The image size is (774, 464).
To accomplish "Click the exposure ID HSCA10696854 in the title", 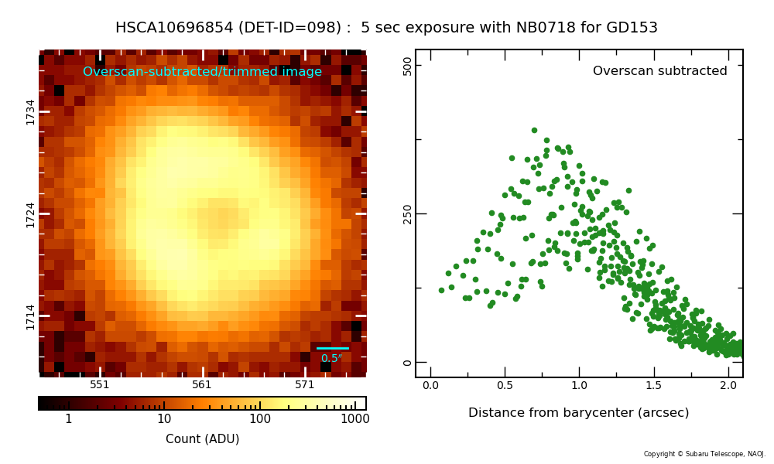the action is pos(174,27).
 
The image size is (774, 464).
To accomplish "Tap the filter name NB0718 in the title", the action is pos(546,27).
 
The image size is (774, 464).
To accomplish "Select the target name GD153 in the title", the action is pos(633,27).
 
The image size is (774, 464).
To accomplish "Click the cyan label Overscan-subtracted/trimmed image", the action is pos(202,71).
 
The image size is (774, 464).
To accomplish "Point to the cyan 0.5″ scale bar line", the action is pos(333,348).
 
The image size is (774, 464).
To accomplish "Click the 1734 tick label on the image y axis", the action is pos(31,112).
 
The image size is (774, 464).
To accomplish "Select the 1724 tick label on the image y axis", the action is pos(31,215).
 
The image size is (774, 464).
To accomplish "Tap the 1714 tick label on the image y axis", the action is pos(31,317).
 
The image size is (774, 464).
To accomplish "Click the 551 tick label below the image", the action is pos(99,384).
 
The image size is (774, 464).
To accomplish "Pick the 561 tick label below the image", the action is pos(201,384).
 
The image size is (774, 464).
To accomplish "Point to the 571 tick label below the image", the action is pos(304,384).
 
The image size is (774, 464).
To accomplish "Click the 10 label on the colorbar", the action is pos(164,419).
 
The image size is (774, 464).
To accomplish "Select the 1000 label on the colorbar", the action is pos(355,419).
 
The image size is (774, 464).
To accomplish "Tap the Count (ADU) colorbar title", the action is pos(202,438).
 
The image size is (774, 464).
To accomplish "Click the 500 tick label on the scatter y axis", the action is pos(407,66).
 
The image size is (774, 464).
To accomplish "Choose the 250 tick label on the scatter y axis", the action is pos(407,214).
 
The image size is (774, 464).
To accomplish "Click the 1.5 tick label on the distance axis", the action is pos(653,386).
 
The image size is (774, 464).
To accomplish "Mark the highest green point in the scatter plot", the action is pos(534,130).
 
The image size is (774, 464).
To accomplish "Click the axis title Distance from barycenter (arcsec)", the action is pos(578,413).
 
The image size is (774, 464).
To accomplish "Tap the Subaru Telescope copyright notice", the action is pos(704,454).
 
